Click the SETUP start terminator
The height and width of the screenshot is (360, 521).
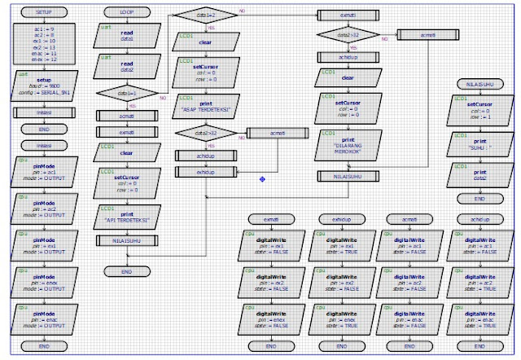tap(35, 13)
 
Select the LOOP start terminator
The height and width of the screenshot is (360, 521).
tap(127, 13)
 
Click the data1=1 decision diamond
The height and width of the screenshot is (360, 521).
tap(127, 94)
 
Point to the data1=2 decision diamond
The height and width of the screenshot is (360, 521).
tap(204, 15)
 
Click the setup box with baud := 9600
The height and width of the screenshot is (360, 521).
tap(35, 85)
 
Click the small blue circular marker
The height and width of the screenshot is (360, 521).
tap(262, 178)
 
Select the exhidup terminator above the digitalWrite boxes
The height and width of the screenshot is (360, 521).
tap(341, 220)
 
